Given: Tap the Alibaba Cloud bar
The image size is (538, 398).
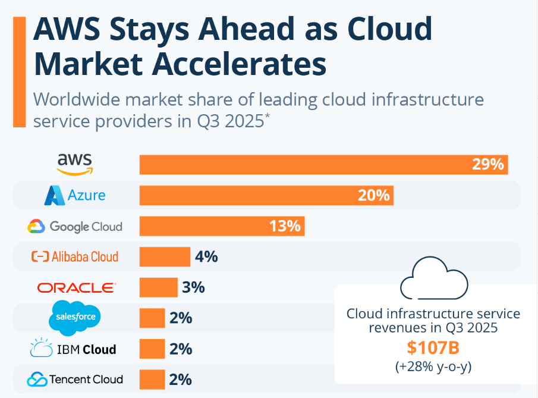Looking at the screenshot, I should click(x=165, y=256).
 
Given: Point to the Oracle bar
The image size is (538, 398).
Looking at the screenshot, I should click(x=158, y=287).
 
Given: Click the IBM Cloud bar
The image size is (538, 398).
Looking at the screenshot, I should click(x=152, y=349).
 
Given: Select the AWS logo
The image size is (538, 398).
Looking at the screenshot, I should click(x=75, y=163).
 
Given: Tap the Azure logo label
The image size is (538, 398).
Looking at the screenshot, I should click(x=75, y=195).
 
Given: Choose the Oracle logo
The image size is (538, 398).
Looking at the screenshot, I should click(x=76, y=288).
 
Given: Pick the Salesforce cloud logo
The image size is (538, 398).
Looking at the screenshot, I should click(x=75, y=317).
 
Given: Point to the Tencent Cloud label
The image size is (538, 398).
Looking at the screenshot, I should click(x=75, y=379).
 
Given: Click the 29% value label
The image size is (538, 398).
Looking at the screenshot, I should click(x=488, y=165).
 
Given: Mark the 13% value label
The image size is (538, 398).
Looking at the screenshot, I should click(x=286, y=226).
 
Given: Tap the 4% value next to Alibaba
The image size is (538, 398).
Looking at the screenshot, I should click(x=206, y=257).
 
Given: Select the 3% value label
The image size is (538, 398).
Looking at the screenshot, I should click(x=193, y=287).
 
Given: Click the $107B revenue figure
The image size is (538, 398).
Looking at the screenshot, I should click(x=433, y=348).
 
